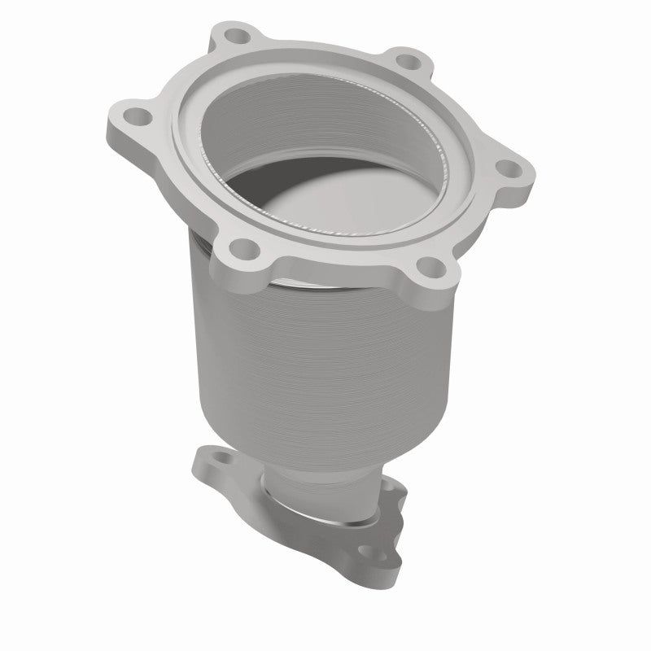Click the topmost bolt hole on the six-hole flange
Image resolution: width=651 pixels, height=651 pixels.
[237, 37]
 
